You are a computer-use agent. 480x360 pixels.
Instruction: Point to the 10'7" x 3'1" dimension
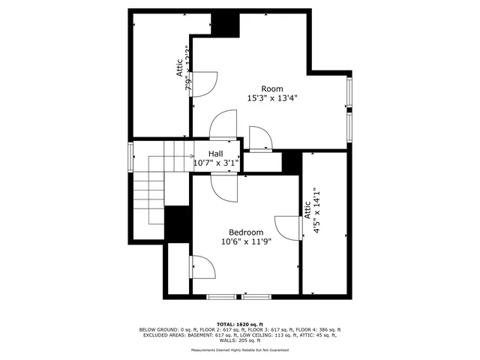click(216, 163)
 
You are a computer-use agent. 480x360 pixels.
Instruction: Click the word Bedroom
click(246, 232)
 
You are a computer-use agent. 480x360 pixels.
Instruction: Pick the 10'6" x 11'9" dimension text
click(246, 241)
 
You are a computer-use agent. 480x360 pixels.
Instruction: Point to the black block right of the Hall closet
click(292, 160)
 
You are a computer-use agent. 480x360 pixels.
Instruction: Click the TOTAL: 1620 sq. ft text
click(239, 322)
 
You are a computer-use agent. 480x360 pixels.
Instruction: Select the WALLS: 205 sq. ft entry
click(239, 340)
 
